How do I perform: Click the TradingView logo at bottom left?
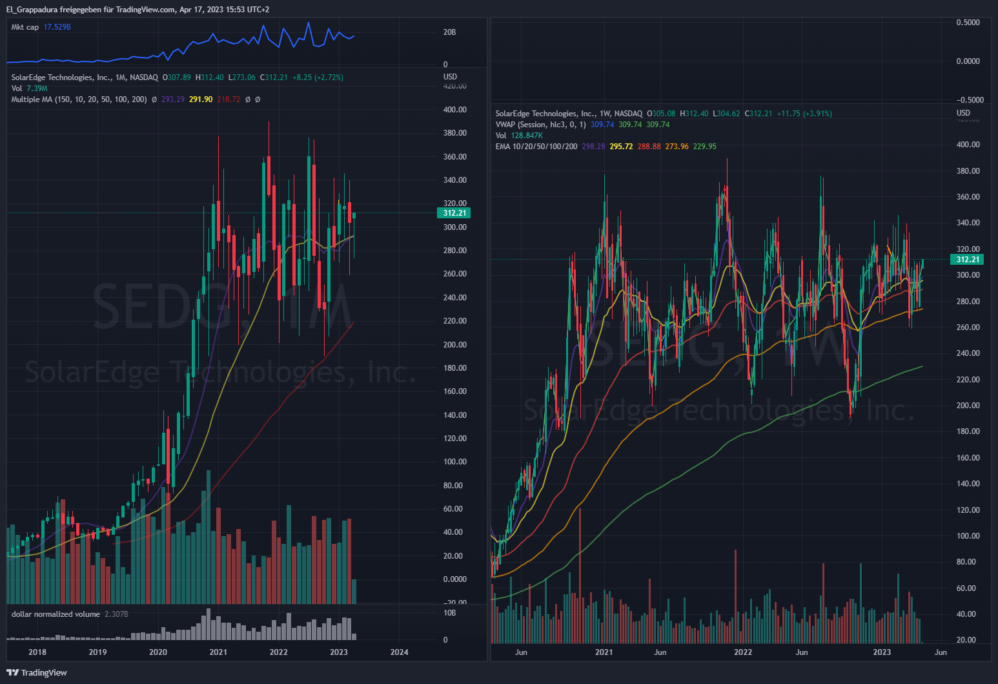(x=37, y=672)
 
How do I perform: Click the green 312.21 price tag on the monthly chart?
(x=454, y=213)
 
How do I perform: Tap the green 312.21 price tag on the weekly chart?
(x=967, y=260)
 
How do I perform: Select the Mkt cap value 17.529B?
(x=57, y=27)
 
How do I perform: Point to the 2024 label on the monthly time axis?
(x=399, y=652)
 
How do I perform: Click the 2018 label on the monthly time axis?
(x=37, y=652)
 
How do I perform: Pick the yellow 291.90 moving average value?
(x=200, y=99)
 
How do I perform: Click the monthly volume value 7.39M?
(x=37, y=88)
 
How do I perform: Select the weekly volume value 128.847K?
(x=527, y=136)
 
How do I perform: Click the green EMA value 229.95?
(x=704, y=147)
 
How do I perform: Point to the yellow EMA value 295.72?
(x=621, y=147)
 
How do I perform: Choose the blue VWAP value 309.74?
(x=602, y=125)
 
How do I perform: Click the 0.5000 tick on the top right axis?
(x=968, y=23)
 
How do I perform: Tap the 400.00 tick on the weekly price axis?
(x=968, y=145)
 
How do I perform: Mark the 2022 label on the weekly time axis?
(x=743, y=652)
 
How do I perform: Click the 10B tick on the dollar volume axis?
(x=449, y=613)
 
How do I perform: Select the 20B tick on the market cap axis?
(x=449, y=32)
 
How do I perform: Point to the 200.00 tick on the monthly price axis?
(x=454, y=345)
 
